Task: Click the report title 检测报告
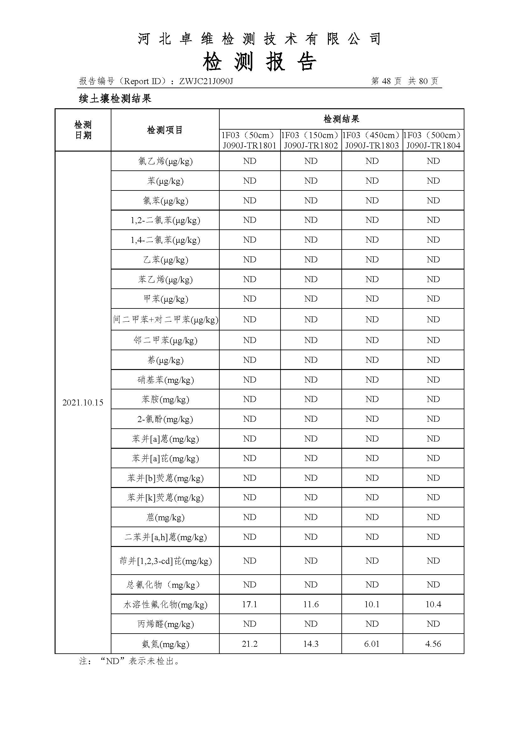(x=259, y=62)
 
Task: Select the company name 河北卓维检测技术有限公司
(x=259, y=39)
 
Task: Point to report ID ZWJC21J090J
(x=206, y=81)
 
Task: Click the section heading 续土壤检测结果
(x=115, y=99)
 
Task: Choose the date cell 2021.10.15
(x=83, y=403)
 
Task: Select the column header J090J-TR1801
(x=249, y=146)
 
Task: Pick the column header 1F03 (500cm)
(x=433, y=135)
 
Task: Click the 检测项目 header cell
(x=165, y=130)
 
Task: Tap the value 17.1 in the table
(x=249, y=604)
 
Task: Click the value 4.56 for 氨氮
(x=433, y=644)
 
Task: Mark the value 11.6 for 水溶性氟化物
(x=311, y=604)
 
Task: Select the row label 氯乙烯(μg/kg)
(x=165, y=161)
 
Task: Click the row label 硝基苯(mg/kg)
(x=165, y=380)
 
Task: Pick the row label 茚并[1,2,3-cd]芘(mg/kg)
(x=165, y=561)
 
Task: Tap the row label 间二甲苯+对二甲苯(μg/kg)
(x=165, y=319)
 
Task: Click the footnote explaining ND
(x=129, y=661)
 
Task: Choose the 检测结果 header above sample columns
(x=341, y=119)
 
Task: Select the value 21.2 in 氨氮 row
(x=249, y=644)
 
